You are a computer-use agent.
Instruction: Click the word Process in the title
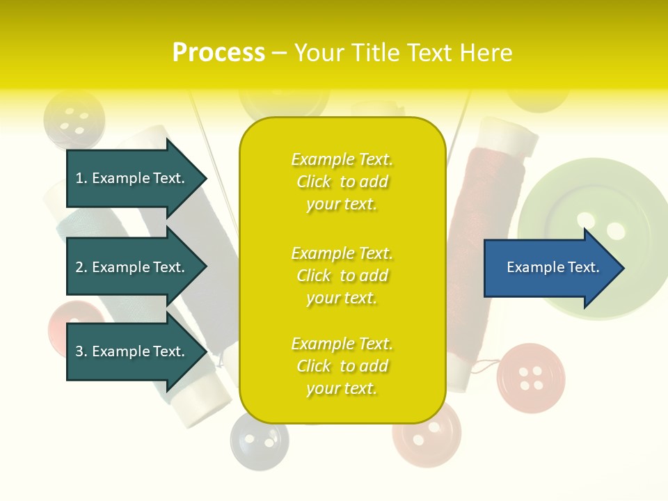coord(218,53)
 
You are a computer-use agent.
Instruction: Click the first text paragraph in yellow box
coord(342,182)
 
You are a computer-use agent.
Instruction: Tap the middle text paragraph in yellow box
coord(342,276)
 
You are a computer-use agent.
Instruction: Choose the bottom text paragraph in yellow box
coord(342,366)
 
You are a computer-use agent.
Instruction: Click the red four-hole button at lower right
coord(530,378)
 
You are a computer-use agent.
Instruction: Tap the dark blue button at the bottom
coord(259,441)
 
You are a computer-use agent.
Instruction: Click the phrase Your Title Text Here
coord(403,53)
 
